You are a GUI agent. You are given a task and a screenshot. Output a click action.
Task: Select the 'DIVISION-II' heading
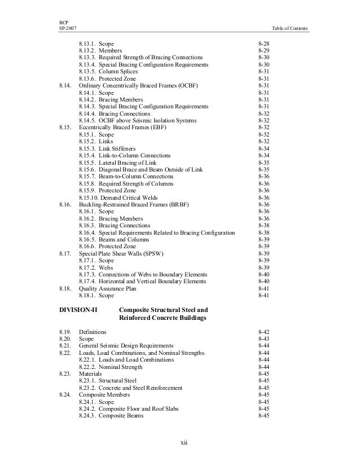click(78, 310)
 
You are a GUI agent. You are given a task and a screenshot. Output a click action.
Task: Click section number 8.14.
click(65, 85)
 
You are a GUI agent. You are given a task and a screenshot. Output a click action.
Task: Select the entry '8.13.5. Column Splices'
click(111, 71)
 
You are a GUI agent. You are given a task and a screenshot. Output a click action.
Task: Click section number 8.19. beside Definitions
click(65, 332)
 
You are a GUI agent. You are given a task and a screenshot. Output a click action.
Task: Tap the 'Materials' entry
click(91, 374)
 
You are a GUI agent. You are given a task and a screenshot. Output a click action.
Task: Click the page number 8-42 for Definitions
click(263, 332)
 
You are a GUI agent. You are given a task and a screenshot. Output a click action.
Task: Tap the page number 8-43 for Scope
click(263, 338)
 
